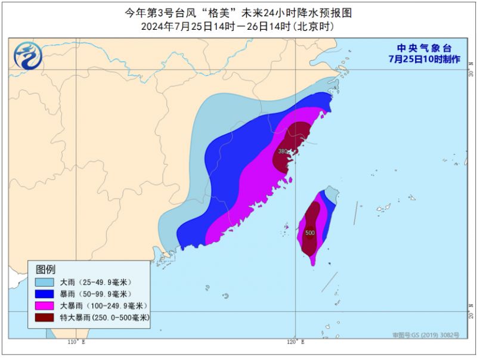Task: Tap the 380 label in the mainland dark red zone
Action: tap(283, 151)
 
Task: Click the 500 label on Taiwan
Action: tap(310, 232)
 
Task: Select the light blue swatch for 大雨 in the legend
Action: tap(44, 282)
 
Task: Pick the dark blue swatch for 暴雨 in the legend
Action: tap(44, 294)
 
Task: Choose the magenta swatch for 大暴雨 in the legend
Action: tap(44, 306)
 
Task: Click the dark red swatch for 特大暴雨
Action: tap(44, 318)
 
